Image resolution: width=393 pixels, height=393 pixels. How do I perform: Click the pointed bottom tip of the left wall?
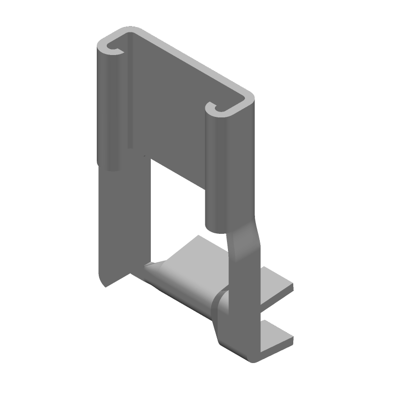pos(104,285)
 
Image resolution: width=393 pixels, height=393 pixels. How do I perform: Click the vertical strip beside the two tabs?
pos(246,309)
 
